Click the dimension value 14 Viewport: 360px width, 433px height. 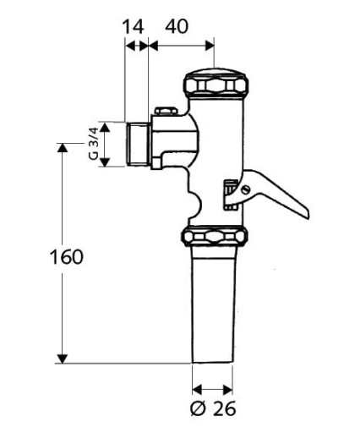133,27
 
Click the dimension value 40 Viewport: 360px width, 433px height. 177,27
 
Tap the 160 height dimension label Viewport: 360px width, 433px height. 67,257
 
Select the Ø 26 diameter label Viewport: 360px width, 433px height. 213,408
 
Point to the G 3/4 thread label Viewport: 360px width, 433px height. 93,144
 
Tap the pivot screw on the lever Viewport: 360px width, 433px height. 246,189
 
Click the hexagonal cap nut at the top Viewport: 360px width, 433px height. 215,83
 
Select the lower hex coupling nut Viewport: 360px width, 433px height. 215,236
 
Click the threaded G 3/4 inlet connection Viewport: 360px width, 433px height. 137,144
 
